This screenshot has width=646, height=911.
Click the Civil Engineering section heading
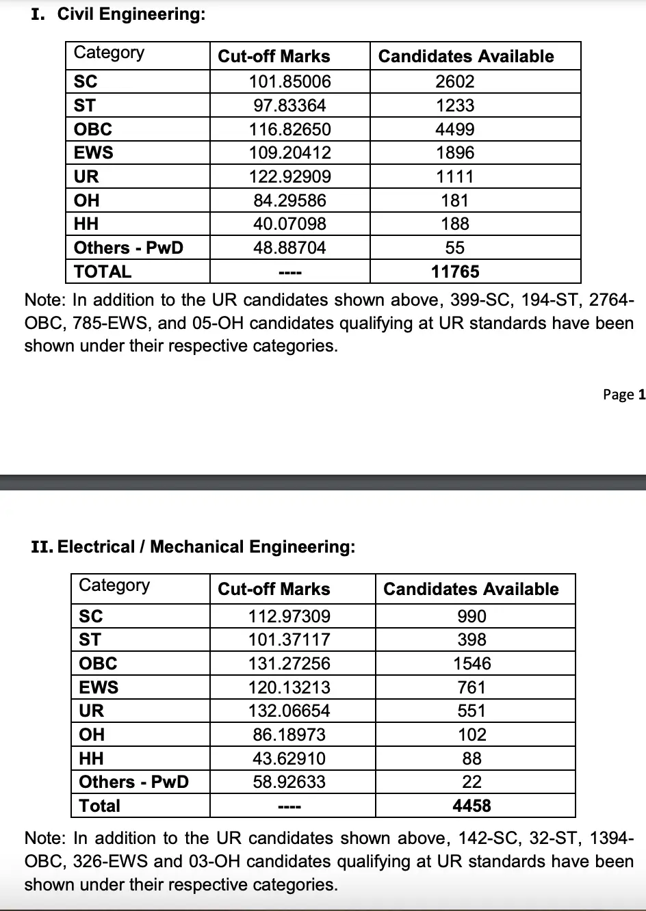pos(118,14)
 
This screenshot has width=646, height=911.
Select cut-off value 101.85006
pos(289,81)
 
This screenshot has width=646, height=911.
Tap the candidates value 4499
pos(455,129)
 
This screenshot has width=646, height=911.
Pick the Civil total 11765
pos(455,272)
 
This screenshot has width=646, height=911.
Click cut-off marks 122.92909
pos(289,176)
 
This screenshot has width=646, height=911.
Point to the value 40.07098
pos(289,224)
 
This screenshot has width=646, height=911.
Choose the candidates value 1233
pos(455,105)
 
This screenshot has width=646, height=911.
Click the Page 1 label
pos(623,395)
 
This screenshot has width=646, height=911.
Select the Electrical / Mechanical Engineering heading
pos(194,546)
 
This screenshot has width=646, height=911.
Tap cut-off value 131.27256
pos(289,663)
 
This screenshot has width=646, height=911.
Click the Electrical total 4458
pos(471,806)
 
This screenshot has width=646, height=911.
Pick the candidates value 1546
pos(471,663)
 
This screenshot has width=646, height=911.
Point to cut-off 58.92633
pos(289,782)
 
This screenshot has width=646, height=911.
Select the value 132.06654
pos(289,711)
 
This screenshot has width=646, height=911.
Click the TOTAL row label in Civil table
pos(103,272)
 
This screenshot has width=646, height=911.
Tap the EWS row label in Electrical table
pos(99,687)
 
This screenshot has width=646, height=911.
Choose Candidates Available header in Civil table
pos(466,57)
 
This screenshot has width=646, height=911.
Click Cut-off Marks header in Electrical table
pos(274,589)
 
